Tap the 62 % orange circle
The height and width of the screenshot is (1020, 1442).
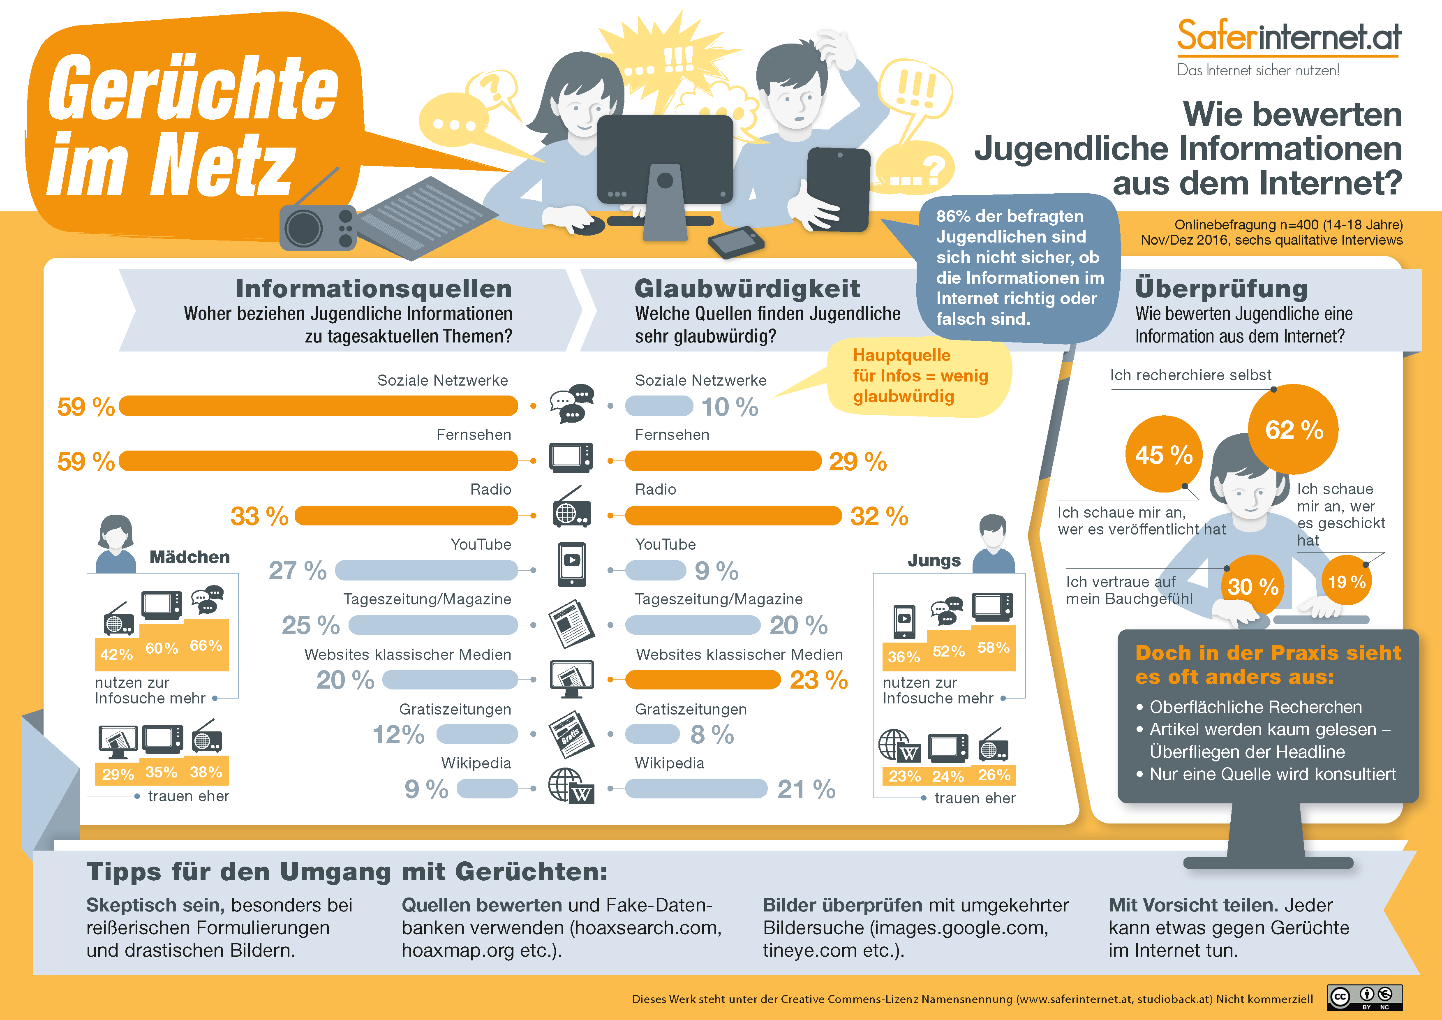click(x=1293, y=430)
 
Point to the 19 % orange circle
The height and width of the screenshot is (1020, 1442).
click(x=1347, y=582)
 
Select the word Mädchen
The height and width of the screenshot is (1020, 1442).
click(x=189, y=557)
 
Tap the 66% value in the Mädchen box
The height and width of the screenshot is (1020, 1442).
click(x=206, y=645)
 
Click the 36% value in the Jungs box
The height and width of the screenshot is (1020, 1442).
click(x=904, y=657)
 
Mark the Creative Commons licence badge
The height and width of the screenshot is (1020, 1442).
click(x=1364, y=997)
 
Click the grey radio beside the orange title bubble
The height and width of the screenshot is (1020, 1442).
click(x=318, y=227)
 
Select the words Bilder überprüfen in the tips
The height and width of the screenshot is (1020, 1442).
click(x=841, y=905)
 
